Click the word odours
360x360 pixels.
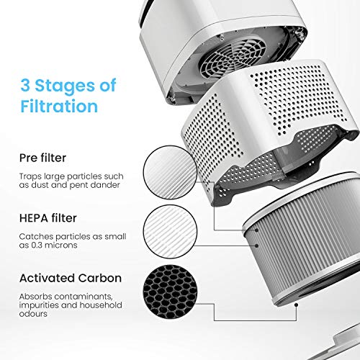tap(37, 314)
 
